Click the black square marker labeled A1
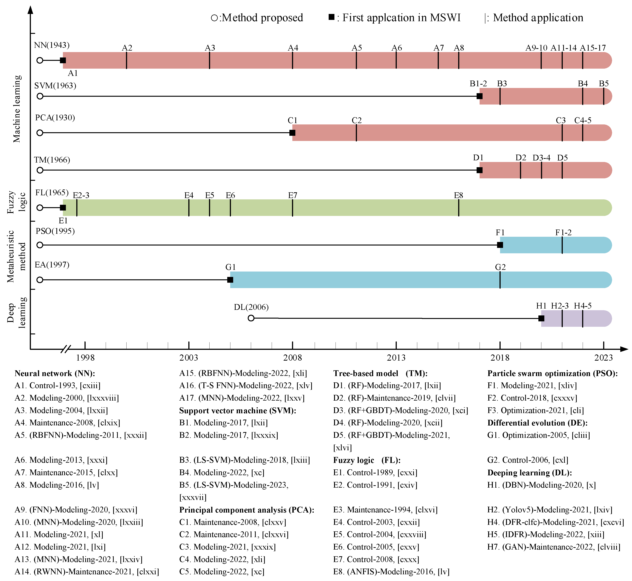tap(63, 60)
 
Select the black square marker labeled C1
tap(292, 133)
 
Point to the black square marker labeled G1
tap(230, 280)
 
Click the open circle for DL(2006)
tap(251, 318)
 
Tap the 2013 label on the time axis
tap(396, 358)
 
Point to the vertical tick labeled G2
tap(500, 280)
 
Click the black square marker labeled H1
tap(541, 318)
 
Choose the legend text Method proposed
tap(262, 18)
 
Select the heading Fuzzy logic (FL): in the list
tap(367, 460)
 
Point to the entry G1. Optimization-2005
tap(539, 435)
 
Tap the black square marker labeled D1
tap(479, 170)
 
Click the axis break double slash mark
tap(66, 349)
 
